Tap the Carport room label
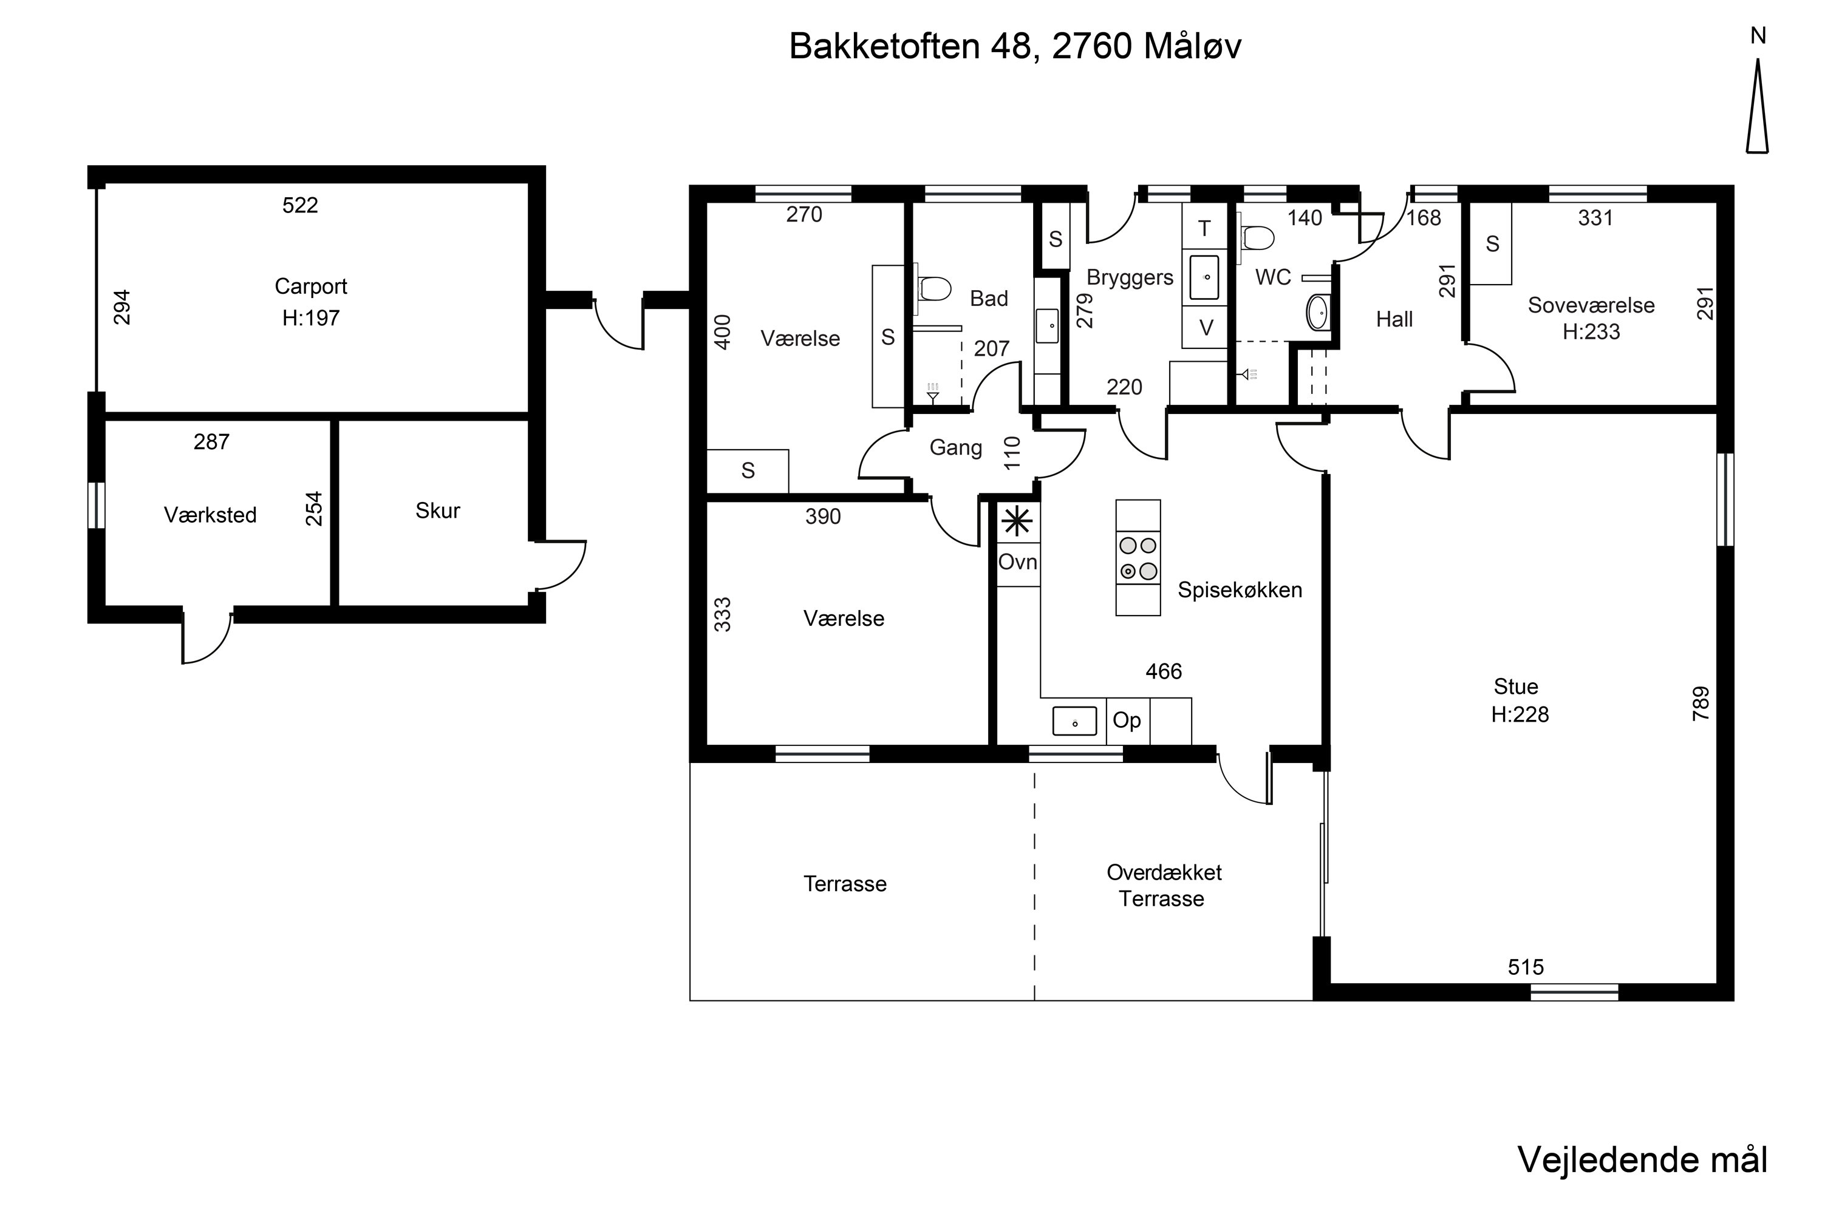tap(310, 287)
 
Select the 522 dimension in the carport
tap(300, 205)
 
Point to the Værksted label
tap(210, 515)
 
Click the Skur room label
tap(438, 510)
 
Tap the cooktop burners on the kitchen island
tap(1138, 558)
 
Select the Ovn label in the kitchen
tap(1018, 562)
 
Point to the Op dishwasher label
tap(1127, 720)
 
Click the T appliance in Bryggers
tap(1204, 228)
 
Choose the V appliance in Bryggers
tap(1206, 328)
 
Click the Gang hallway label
tap(956, 447)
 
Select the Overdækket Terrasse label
tap(1164, 886)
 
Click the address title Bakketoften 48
tap(910, 47)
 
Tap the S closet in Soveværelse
tap(1492, 244)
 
